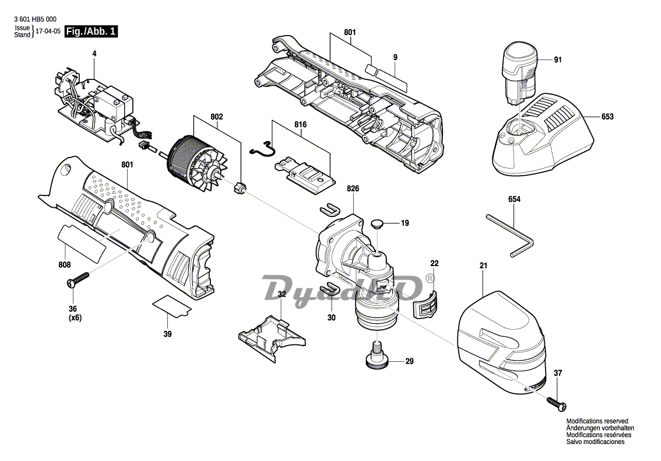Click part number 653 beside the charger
(x=607, y=117)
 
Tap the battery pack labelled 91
(x=519, y=74)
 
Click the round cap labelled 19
(x=377, y=223)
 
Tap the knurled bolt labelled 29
(x=377, y=357)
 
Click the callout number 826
(x=353, y=188)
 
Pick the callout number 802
(x=217, y=117)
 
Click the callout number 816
(x=301, y=125)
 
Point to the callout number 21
(x=483, y=266)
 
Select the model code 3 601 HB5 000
(x=35, y=19)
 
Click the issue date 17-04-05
(x=48, y=32)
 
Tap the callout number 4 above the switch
(x=94, y=54)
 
